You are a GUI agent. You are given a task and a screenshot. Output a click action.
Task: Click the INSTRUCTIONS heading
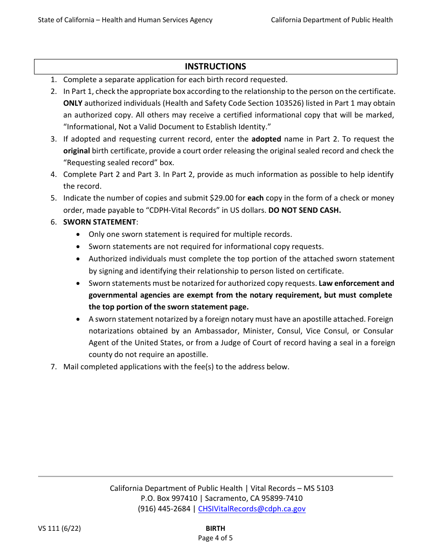(215, 67)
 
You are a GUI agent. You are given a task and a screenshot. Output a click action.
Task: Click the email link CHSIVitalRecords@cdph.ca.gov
(252, 509)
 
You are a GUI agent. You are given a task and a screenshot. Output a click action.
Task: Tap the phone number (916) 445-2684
(164, 509)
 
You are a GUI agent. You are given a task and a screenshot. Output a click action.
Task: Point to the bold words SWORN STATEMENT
(99, 222)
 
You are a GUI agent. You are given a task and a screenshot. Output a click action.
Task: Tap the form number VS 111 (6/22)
(59, 529)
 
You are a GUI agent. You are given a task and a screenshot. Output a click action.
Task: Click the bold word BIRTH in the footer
(215, 529)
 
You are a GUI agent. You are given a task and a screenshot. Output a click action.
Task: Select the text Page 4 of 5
(215, 538)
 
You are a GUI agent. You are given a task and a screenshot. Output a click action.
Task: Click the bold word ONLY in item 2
(73, 103)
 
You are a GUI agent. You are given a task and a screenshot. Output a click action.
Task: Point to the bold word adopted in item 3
(266, 139)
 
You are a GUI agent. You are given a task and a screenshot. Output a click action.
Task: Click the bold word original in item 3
(76, 151)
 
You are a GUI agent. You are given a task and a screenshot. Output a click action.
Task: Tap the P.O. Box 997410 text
(169, 498)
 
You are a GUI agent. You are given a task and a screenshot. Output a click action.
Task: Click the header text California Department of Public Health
(332, 20)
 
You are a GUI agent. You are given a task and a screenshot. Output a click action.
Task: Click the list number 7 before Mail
(53, 367)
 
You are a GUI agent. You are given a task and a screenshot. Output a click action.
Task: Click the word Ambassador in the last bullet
(216, 331)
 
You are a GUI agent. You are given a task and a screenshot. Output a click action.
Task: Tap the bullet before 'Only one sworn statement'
(79, 235)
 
